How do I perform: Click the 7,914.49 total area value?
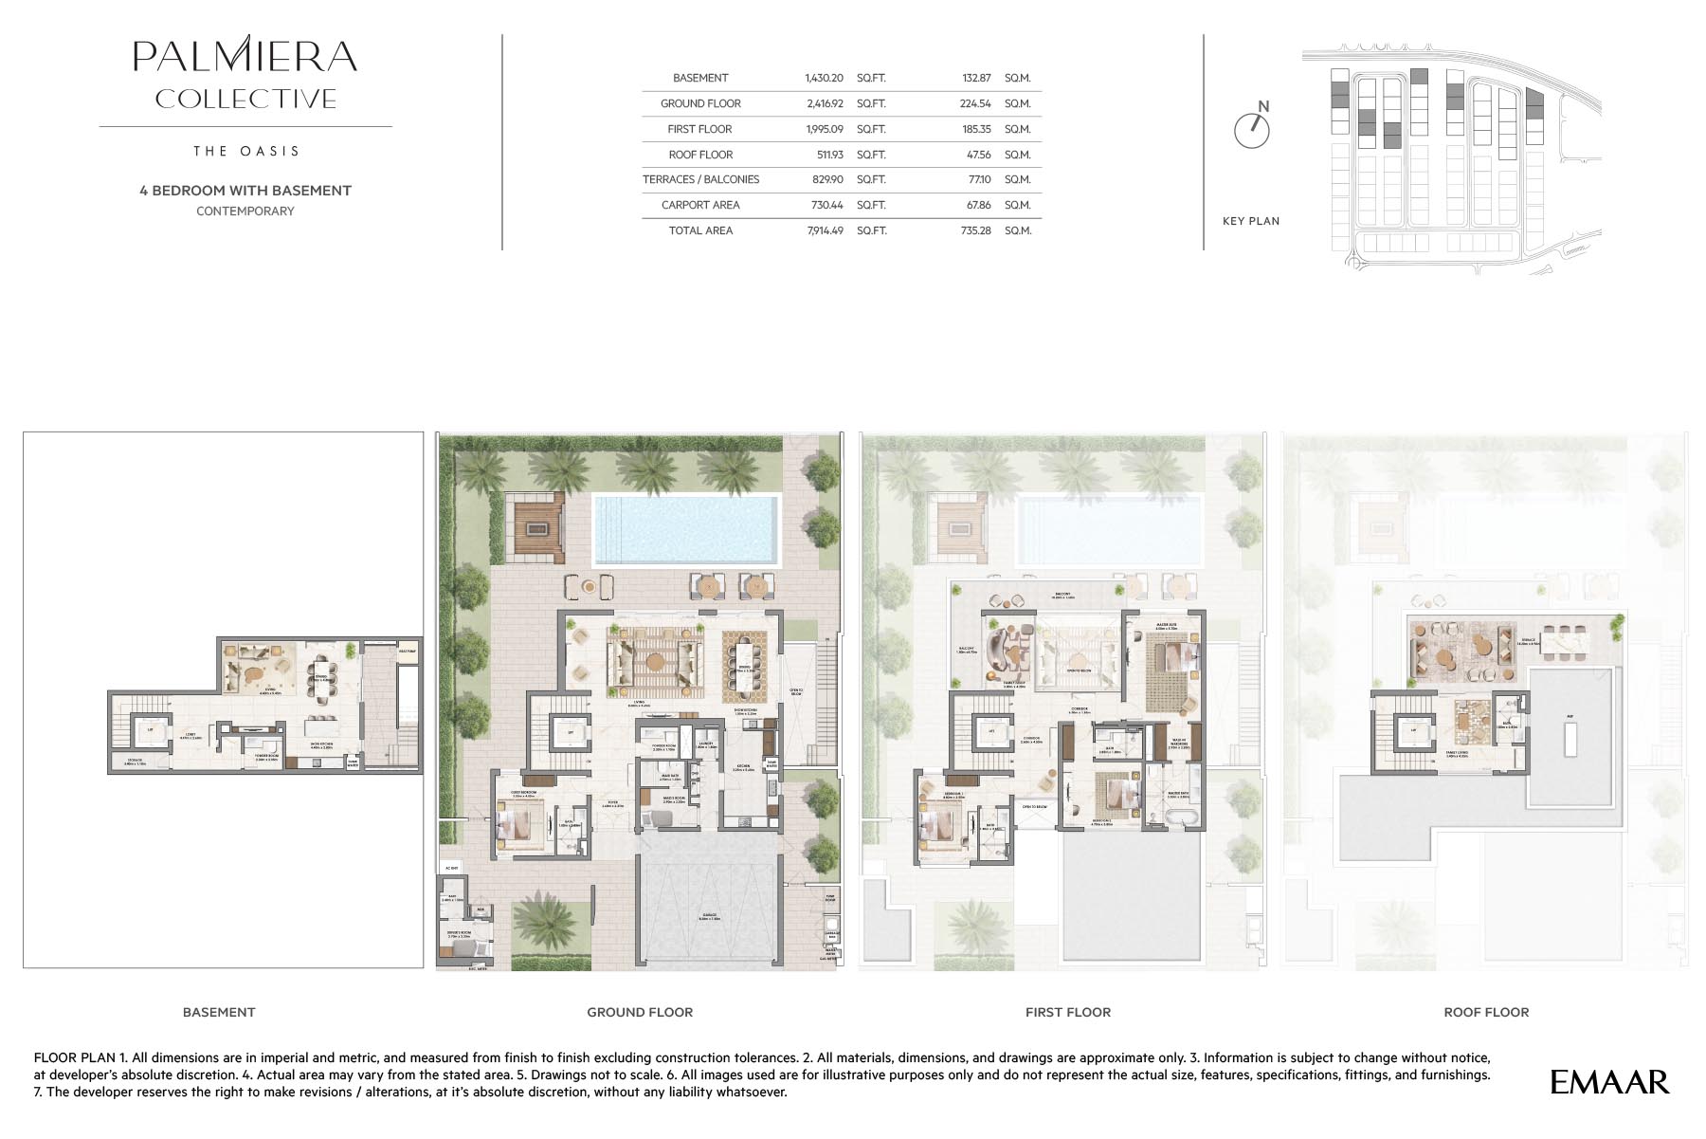[825, 230]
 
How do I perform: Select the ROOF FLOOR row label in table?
[700, 155]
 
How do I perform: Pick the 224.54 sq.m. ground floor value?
[975, 103]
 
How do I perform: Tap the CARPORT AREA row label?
[700, 205]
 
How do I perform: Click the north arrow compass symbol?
[1252, 129]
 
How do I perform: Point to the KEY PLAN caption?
[1250, 221]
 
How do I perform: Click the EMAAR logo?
[1609, 1082]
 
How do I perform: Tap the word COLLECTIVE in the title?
[245, 99]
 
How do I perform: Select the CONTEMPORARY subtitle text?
[245, 211]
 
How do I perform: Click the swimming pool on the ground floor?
[686, 529]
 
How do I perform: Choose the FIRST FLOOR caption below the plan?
[1067, 1012]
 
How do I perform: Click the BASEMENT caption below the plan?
[219, 1012]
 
